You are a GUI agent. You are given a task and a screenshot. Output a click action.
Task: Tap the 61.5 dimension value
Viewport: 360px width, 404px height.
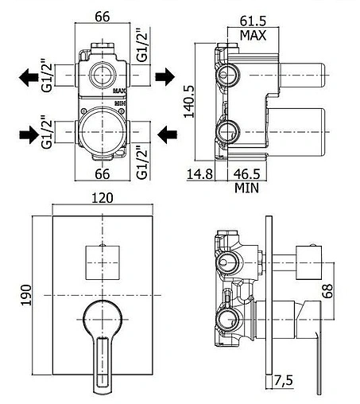253,21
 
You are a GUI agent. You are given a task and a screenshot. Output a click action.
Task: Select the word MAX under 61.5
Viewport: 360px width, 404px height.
253,35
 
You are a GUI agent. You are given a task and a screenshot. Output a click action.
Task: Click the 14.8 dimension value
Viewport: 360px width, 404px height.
199,174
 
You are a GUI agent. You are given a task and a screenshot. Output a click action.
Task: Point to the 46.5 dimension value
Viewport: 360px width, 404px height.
246,174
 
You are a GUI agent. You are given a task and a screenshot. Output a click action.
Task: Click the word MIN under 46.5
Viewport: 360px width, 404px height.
246,188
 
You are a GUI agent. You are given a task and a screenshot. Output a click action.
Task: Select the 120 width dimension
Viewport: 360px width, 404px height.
103,198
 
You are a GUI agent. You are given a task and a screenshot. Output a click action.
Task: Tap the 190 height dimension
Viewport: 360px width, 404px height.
26,295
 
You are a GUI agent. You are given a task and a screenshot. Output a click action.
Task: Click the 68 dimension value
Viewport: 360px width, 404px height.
328,291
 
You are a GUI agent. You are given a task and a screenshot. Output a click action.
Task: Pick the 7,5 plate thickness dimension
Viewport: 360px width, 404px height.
283,380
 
